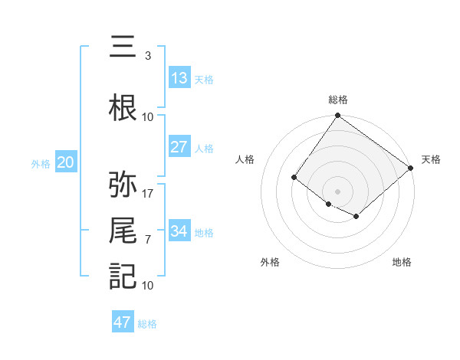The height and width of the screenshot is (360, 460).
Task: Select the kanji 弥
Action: [x=123, y=185]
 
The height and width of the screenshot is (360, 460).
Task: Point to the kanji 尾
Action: [x=123, y=231]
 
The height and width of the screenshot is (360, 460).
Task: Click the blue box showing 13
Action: [x=179, y=78]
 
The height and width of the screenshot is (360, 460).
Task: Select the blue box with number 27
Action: [x=179, y=147]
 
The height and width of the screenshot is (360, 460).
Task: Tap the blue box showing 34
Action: [x=179, y=231]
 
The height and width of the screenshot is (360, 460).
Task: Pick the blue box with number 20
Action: [x=66, y=162]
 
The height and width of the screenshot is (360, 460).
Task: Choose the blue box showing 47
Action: [x=123, y=322]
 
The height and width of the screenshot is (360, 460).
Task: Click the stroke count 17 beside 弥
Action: [x=148, y=193]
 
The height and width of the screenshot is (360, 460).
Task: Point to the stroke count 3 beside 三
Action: [x=147, y=56]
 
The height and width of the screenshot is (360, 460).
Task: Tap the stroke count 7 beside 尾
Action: [x=147, y=239]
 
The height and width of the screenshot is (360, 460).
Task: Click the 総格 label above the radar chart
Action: [x=337, y=100]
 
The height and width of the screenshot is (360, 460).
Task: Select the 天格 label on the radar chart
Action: [x=431, y=159]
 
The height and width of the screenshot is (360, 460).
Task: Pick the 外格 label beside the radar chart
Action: [x=270, y=262]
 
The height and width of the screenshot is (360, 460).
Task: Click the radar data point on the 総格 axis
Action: [x=337, y=116]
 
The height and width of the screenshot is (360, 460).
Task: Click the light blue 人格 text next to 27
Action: [x=204, y=148]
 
